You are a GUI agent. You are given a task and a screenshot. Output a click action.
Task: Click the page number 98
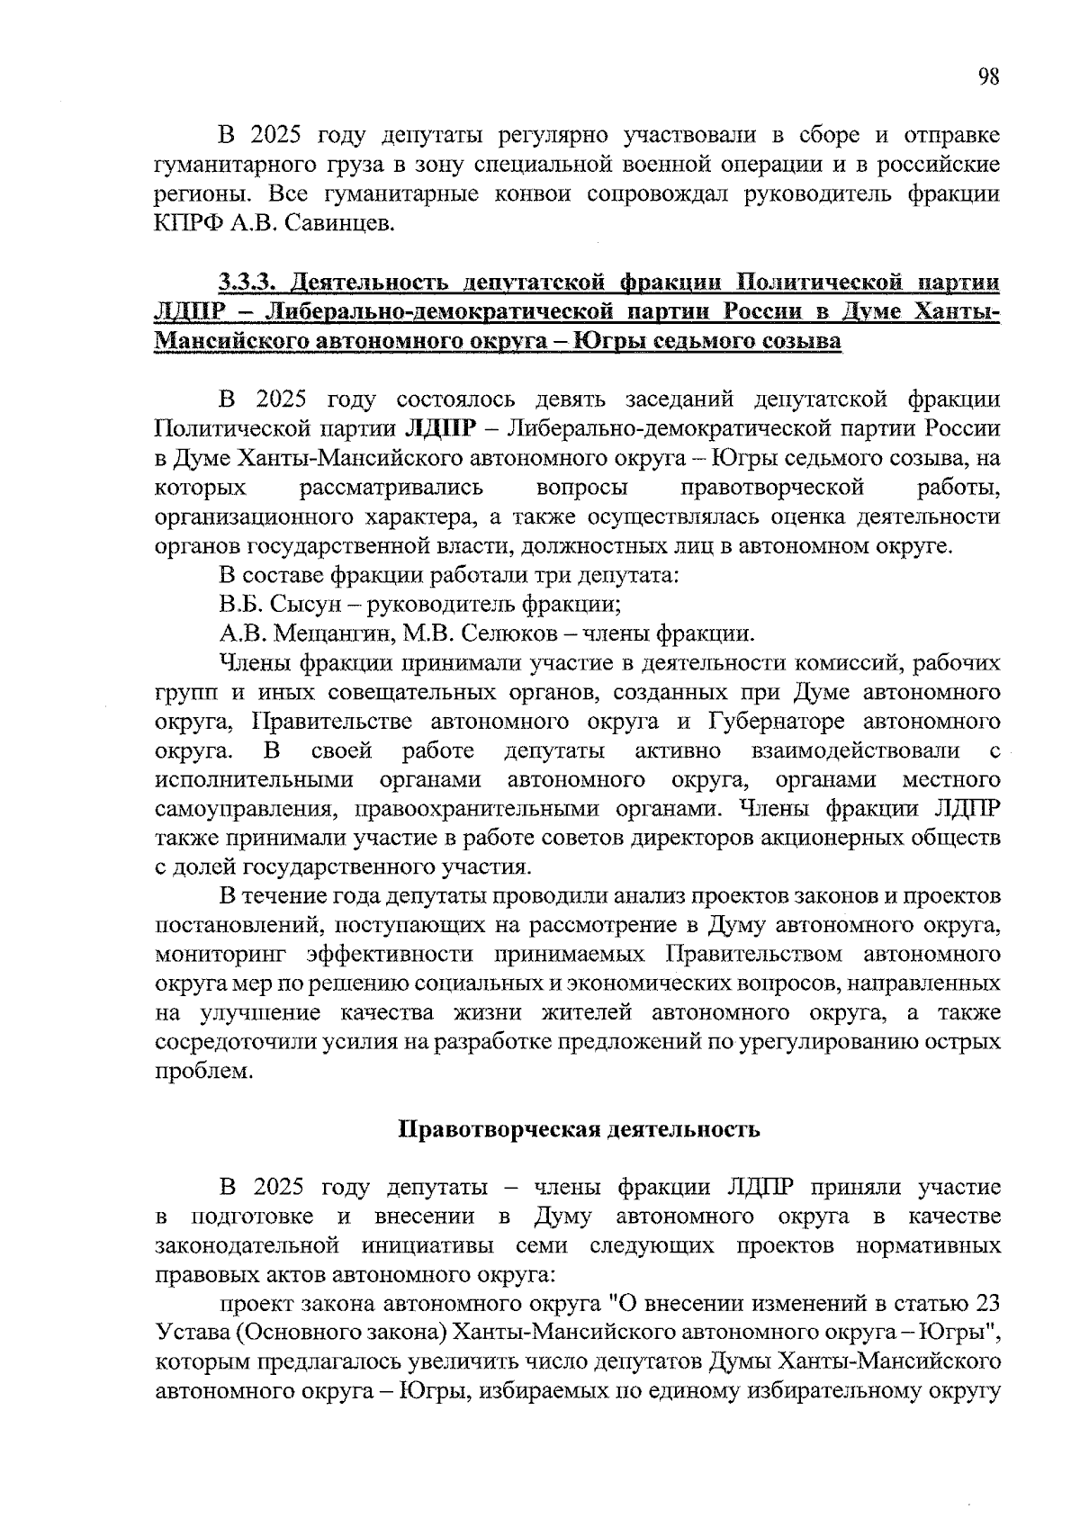987,77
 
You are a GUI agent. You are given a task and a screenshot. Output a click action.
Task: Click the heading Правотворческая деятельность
580,1129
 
